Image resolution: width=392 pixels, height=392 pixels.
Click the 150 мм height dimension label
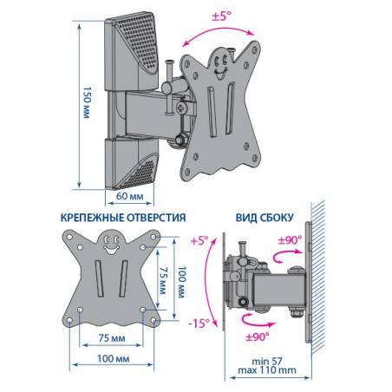click(x=87, y=102)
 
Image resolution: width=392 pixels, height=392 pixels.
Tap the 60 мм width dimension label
click(x=130, y=196)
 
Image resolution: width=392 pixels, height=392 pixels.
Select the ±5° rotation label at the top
click(x=222, y=16)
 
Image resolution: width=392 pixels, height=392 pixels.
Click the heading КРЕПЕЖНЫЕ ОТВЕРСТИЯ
click(x=123, y=218)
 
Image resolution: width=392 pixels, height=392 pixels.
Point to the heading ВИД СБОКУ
click(x=265, y=218)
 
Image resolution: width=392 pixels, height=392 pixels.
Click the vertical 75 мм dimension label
click(x=163, y=280)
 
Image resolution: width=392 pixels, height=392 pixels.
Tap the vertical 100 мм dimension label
click(x=181, y=282)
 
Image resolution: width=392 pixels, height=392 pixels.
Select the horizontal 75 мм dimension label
click(x=112, y=338)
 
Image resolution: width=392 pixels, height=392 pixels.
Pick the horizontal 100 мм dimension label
click(x=113, y=359)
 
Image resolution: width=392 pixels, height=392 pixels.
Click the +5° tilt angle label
click(x=199, y=240)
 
